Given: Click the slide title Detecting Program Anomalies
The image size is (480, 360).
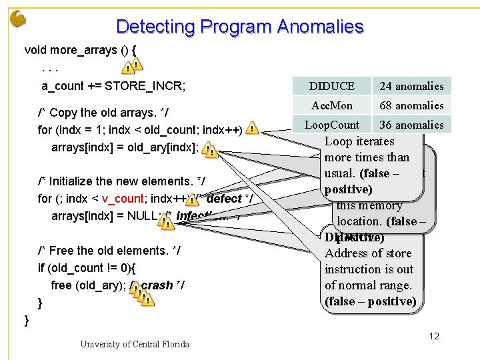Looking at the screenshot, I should pyautogui.click(x=240, y=27).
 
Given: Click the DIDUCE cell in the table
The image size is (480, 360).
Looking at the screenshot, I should pyautogui.click(x=331, y=86).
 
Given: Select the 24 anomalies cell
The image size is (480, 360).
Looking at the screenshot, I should pyautogui.click(x=411, y=86).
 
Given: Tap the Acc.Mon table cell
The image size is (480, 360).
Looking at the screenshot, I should pyautogui.click(x=331, y=105).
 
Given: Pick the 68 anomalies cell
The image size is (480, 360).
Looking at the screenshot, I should pyautogui.click(x=411, y=105).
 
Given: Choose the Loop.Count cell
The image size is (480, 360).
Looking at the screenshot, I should pyautogui.click(x=331, y=125).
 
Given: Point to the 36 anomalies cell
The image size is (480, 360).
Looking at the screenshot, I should pyautogui.click(x=411, y=125).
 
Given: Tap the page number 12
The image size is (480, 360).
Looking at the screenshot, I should pyautogui.click(x=434, y=336).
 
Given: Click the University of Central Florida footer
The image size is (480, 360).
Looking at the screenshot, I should pyautogui.click(x=135, y=344).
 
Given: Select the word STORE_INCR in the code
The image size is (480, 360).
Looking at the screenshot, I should pyautogui.click(x=145, y=86).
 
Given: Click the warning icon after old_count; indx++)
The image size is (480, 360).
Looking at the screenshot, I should pyautogui.click(x=252, y=128).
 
